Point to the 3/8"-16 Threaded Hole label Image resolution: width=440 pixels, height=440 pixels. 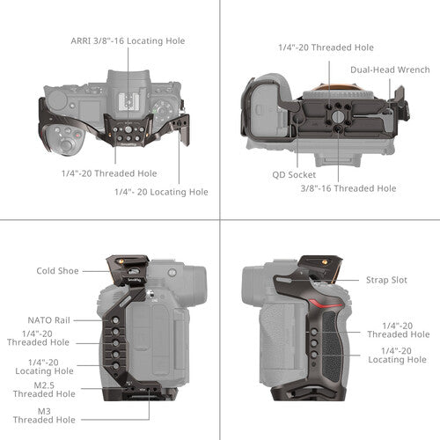point(348,188)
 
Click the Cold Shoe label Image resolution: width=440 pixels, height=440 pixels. point(59,271)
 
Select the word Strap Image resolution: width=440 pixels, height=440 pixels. point(377,280)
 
